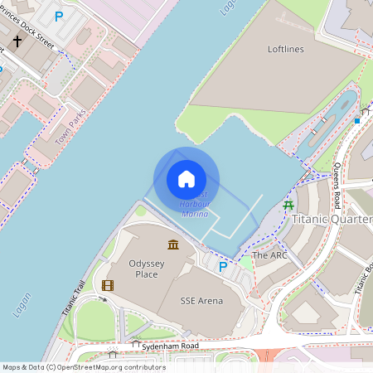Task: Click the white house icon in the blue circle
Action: click(x=186, y=179)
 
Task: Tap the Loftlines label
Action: click(x=286, y=50)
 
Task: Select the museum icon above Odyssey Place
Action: click(x=172, y=245)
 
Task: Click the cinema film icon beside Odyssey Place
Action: click(x=107, y=285)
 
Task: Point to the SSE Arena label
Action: click(x=202, y=301)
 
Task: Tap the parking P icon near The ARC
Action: click(x=222, y=266)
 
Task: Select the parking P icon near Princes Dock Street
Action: click(x=58, y=16)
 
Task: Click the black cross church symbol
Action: click(x=17, y=41)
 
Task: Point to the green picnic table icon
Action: click(x=288, y=204)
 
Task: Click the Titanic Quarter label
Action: click(x=332, y=220)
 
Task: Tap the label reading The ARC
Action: click(x=269, y=255)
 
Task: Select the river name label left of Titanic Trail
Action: click(x=22, y=305)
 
